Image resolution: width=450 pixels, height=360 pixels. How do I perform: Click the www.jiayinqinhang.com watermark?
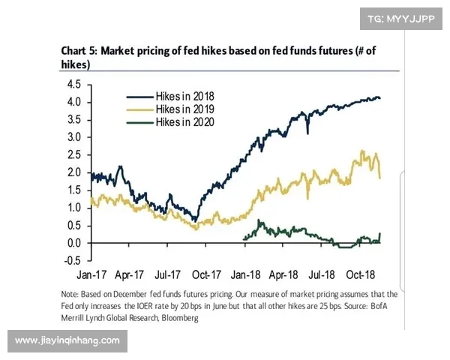[67, 341]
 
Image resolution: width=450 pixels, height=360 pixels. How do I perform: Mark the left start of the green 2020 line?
[244, 238]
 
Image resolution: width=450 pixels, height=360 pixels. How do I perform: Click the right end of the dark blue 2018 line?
[380, 98]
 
